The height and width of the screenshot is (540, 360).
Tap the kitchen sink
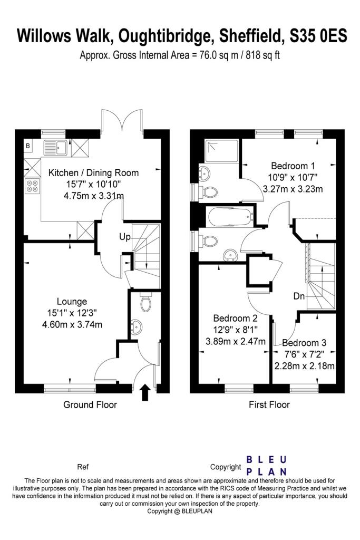coord(55,146)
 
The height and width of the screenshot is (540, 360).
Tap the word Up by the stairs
coord(124,237)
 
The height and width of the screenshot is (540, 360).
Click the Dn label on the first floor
coord(299,296)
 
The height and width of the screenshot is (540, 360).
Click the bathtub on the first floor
coord(231,216)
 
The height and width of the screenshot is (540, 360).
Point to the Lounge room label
coord(72,302)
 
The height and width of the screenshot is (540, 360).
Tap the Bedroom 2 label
coord(235,319)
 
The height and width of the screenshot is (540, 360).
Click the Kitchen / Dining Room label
coord(94,172)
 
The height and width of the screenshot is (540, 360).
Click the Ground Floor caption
coord(90,405)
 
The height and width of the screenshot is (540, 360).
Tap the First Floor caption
coord(269,405)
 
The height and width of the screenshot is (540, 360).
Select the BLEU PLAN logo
coord(267,465)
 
